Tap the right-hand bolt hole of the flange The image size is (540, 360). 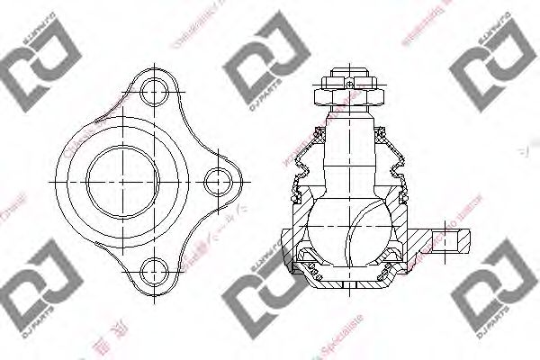point(217,180)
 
